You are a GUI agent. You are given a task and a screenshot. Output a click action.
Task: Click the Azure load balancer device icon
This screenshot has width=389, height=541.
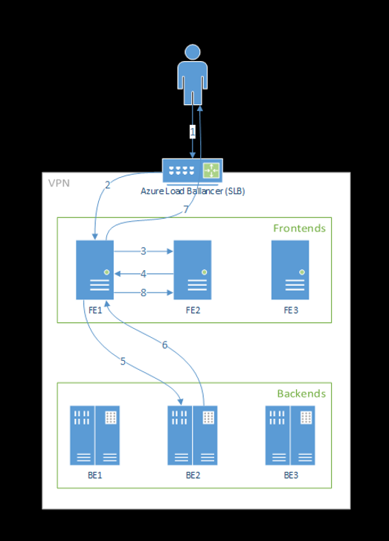coord(192,170)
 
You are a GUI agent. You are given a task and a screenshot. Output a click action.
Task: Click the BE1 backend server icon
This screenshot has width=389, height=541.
coord(94,435)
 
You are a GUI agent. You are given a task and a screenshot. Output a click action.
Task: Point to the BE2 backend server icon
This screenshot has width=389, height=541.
coord(192,435)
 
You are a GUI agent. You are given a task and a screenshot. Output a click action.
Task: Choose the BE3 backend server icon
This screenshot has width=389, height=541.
coord(290,435)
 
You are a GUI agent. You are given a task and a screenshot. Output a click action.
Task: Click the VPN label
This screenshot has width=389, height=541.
coord(59,183)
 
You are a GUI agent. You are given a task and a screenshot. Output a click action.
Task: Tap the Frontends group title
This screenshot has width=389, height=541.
coord(299,228)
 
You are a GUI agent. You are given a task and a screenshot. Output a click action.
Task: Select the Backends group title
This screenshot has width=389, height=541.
coord(301,394)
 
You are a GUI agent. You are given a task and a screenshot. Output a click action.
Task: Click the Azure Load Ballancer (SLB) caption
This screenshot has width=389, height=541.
coord(193,191)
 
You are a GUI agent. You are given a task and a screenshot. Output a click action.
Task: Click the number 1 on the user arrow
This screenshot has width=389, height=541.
coord(193,132)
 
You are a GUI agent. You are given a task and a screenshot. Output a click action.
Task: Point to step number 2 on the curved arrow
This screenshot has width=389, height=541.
coord(107,185)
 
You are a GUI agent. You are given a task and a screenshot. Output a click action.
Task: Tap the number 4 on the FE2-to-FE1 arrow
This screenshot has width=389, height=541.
coord(144,273)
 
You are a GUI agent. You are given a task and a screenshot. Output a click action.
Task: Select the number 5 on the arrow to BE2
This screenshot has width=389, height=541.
coord(123,362)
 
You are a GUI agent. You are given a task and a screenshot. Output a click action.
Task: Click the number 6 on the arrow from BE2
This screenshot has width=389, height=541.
coord(164,344)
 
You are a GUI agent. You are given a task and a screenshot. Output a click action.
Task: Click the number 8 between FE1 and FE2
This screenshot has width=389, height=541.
coord(144,293)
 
